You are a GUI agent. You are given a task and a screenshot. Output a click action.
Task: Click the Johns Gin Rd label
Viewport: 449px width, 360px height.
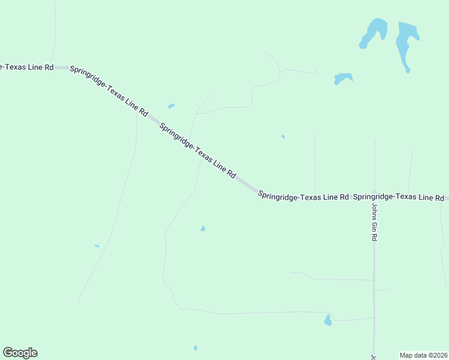click(373, 221)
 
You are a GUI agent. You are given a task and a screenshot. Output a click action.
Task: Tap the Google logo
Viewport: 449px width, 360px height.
click(20, 353)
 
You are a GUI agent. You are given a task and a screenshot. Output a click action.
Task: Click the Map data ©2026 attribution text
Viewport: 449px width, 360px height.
click(423, 355)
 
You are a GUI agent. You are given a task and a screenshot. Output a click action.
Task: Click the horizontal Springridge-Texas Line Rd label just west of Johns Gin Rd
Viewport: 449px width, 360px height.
click(303, 196)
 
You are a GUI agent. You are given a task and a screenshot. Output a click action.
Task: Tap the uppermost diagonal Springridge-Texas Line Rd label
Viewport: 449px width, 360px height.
click(109, 91)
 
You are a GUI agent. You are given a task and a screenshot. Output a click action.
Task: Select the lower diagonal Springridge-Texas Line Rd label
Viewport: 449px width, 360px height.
click(197, 150)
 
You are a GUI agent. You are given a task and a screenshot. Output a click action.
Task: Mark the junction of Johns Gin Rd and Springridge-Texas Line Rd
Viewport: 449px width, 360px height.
click(375, 196)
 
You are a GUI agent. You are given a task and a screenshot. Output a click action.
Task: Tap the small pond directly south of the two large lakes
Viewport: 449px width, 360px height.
click(343, 78)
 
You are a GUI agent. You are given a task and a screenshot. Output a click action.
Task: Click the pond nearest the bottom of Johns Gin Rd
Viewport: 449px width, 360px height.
click(328, 320)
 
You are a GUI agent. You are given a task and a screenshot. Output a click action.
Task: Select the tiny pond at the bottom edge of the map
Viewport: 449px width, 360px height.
click(195, 348)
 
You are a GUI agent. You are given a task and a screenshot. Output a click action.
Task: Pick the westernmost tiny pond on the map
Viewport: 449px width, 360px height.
click(97, 245)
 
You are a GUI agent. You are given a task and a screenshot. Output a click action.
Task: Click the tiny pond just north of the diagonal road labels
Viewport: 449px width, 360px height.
click(171, 106)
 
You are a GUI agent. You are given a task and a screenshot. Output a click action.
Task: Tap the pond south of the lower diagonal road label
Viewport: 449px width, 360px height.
click(203, 229)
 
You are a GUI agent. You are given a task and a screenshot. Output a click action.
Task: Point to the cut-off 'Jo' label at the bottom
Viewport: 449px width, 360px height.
click(373, 356)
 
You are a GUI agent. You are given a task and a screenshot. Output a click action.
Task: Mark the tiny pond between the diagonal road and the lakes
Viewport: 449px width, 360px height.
click(283, 137)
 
